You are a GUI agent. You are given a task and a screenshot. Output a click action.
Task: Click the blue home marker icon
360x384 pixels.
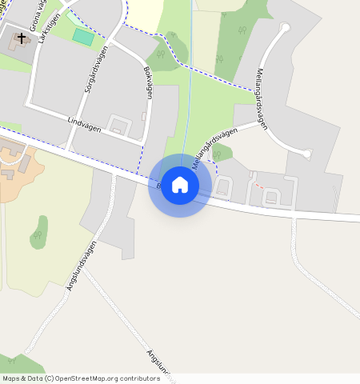(180, 185)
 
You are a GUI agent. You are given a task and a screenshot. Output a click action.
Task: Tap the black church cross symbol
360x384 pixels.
(22, 36)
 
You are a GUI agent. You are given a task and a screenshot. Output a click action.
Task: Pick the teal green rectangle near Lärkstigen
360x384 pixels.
(82, 36)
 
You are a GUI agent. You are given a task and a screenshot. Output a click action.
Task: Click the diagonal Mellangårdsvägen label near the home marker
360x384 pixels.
(215, 146)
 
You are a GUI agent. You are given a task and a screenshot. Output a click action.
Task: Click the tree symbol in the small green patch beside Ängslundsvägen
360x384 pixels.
(38, 235)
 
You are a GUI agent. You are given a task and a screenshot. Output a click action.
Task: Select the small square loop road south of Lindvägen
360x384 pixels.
(120, 125)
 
